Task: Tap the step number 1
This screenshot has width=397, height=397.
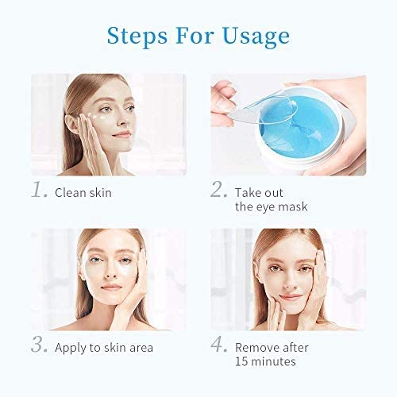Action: [x=37, y=191]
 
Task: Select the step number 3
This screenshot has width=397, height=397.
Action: [x=37, y=346]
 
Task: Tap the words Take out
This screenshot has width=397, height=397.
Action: [x=259, y=193]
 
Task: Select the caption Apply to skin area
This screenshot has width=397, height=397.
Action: [x=104, y=348]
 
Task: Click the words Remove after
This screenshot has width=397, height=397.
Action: [x=272, y=348]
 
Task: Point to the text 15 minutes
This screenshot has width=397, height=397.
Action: [x=264, y=362]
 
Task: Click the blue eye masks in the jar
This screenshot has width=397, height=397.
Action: [x=318, y=127]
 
